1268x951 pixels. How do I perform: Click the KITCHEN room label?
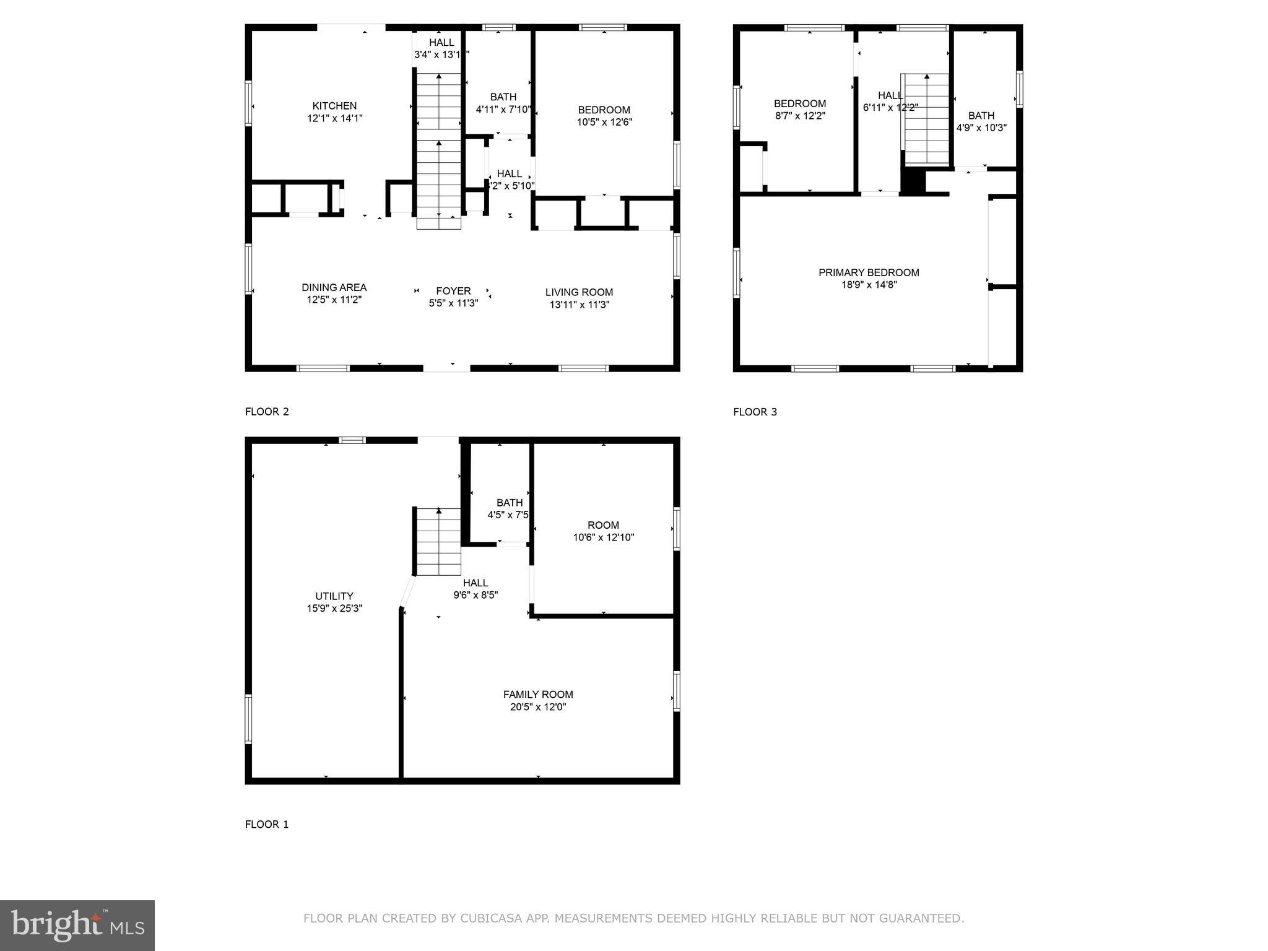click(x=334, y=106)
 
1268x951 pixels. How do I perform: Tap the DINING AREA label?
click(x=334, y=287)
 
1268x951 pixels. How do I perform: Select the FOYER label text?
click(x=453, y=291)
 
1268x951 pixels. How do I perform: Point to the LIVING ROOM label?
click(x=579, y=292)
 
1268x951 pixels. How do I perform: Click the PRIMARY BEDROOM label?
click(x=869, y=272)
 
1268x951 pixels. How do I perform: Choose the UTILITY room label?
click(x=334, y=596)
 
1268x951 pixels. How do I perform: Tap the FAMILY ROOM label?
click(x=538, y=695)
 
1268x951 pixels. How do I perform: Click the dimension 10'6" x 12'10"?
click(x=603, y=537)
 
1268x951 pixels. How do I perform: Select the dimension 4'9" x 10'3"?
click(x=981, y=128)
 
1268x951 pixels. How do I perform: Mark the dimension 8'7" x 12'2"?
click(x=800, y=116)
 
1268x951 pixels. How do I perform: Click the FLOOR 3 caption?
click(x=755, y=412)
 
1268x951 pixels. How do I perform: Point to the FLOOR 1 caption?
click(x=267, y=824)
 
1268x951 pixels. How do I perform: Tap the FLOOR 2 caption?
click(x=267, y=412)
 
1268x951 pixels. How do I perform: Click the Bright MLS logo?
click(x=77, y=925)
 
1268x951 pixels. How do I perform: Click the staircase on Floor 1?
click(x=439, y=542)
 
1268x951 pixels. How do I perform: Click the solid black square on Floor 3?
click(x=912, y=181)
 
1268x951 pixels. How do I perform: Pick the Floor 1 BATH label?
click(x=510, y=503)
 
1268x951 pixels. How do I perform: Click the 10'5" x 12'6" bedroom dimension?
click(x=604, y=122)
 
